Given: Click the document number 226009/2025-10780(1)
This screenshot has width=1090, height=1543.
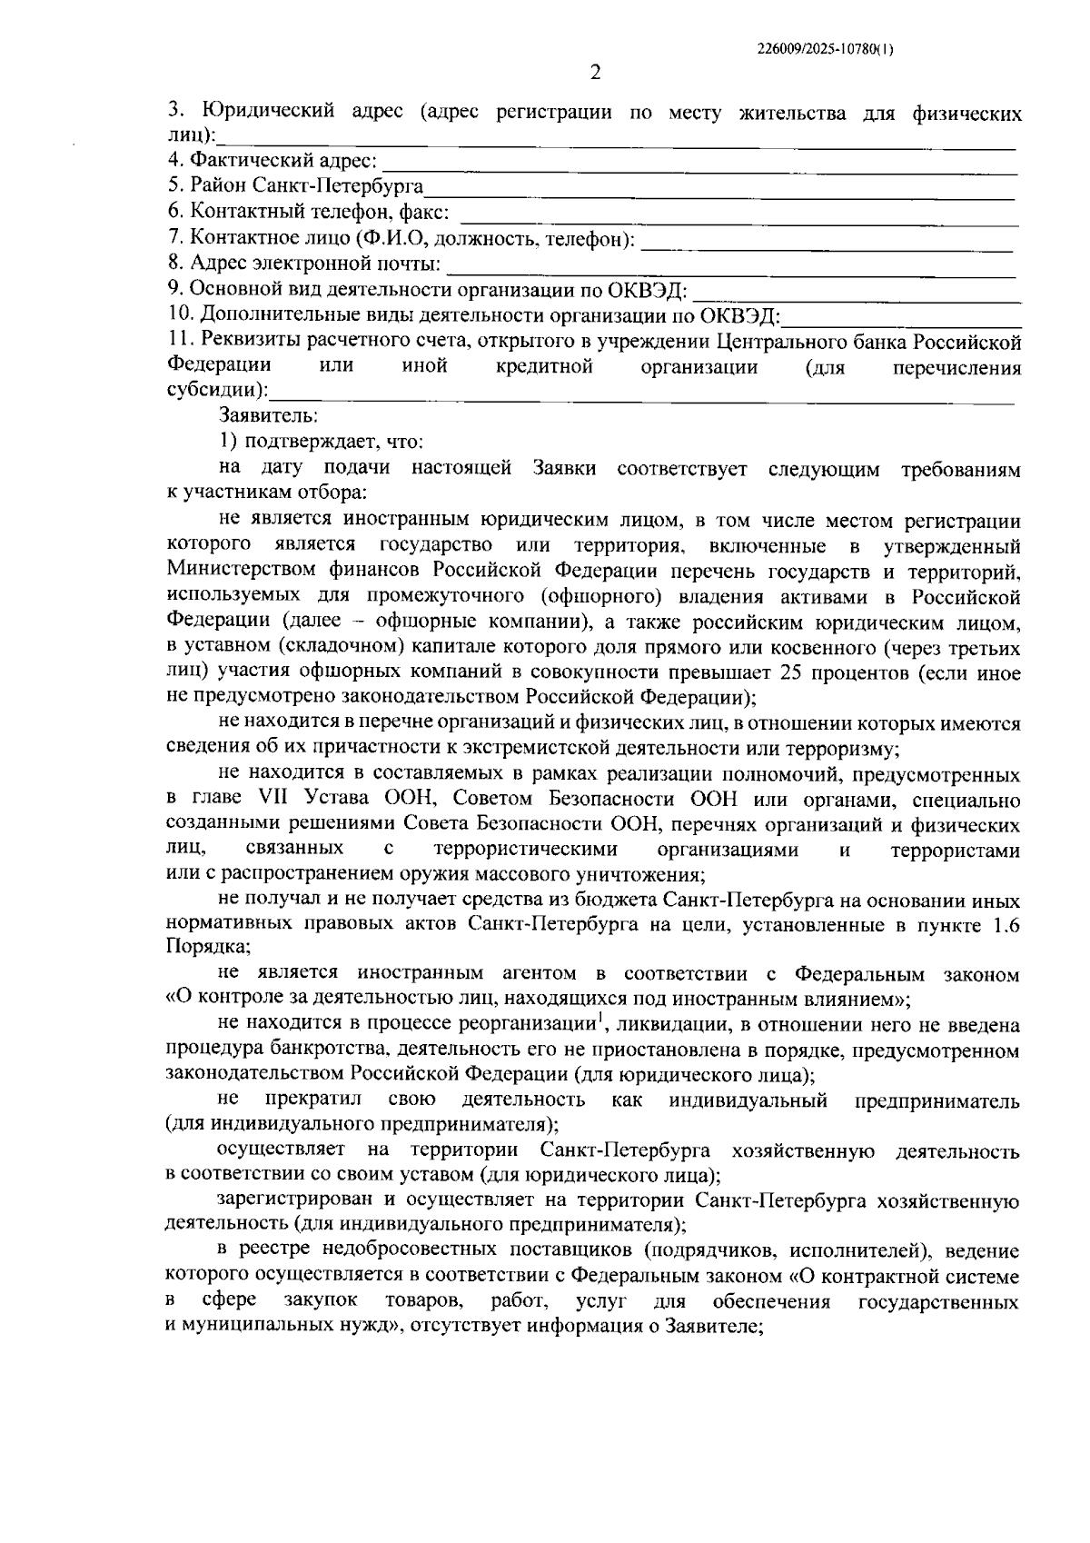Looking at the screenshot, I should tap(825, 51).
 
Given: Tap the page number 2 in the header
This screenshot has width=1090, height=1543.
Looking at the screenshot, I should tap(595, 74).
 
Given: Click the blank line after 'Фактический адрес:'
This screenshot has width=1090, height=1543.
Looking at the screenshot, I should tap(699, 164).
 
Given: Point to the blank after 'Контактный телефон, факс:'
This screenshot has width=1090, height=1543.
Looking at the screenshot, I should tap(740, 215).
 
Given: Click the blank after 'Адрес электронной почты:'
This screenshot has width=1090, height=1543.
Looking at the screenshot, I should tap(731, 266).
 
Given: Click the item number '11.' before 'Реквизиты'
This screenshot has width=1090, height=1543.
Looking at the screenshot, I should tap(182, 341).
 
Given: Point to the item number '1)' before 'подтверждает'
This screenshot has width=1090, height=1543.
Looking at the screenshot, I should tap(228, 442).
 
